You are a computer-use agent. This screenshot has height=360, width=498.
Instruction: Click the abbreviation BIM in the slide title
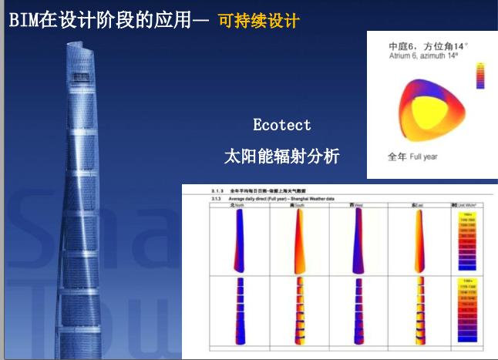24,20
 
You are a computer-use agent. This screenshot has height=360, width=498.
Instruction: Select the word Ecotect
282,124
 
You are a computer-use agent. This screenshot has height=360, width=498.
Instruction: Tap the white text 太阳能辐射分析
281,156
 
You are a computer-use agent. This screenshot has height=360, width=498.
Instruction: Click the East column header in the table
416,205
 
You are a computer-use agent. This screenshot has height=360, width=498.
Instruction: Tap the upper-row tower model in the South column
298,238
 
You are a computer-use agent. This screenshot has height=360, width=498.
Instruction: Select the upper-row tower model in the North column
239,238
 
